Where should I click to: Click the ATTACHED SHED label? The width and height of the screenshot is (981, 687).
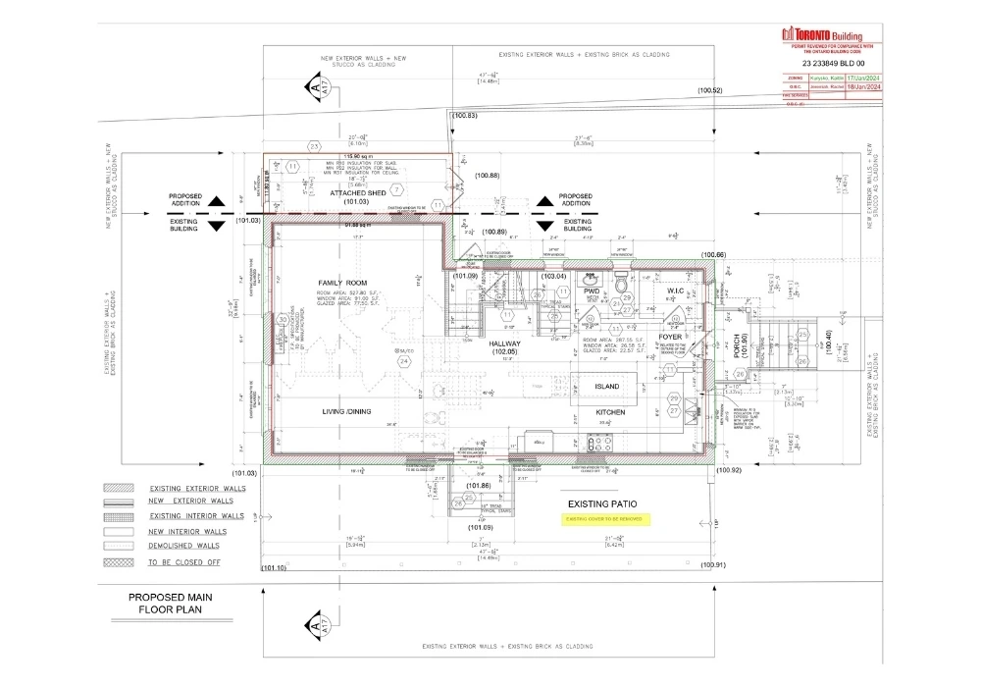357,193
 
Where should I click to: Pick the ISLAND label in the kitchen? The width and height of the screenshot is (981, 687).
607,387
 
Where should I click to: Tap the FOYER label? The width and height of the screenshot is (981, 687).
670,337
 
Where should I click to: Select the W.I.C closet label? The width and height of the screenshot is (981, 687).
674,291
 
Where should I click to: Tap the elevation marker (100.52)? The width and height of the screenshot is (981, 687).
710,90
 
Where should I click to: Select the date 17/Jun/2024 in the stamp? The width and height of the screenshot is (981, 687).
864,77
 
